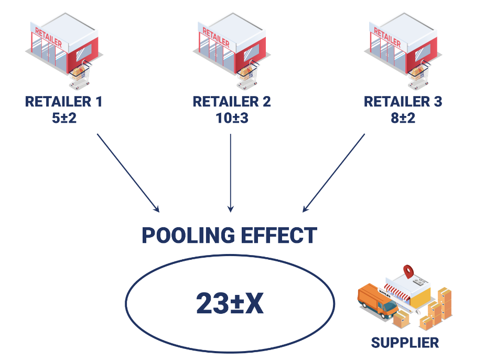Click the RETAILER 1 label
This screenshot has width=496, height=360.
coord(63,102)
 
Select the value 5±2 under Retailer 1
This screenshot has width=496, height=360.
coord(63,118)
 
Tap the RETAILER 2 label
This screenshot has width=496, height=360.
coord(232,102)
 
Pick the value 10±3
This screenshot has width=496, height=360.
coord(232,118)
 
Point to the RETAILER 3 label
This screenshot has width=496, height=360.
coord(403,102)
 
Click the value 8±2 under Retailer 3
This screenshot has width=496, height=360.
coord(403,118)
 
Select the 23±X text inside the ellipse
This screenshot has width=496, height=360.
coord(230,303)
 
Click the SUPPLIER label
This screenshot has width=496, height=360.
coord(405,343)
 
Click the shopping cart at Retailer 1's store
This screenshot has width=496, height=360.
coord(80,75)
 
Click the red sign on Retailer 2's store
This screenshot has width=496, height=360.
coord(215,36)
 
